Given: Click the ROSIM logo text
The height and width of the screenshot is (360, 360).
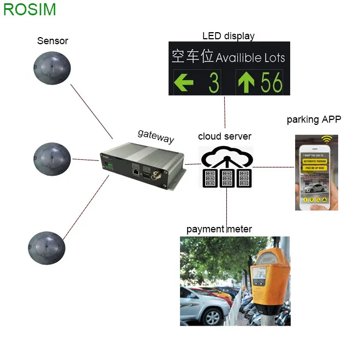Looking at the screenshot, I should (x=29, y=10).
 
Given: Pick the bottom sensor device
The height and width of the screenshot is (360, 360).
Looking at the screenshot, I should (x=46, y=249).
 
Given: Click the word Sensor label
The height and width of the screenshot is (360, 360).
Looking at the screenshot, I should (x=52, y=41).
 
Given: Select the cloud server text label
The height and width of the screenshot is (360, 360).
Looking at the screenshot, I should (x=225, y=136).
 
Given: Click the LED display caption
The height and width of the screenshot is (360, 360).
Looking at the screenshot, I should (x=229, y=37).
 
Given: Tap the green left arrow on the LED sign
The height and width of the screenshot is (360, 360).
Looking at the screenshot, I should (x=184, y=83).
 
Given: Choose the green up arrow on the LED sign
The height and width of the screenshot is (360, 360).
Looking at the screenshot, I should (x=246, y=82).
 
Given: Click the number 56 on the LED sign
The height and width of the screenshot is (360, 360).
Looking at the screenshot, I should (x=271, y=82).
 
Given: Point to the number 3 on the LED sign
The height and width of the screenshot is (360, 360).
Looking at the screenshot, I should (x=213, y=83).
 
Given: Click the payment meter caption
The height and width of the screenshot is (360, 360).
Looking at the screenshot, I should (x=219, y=229).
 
